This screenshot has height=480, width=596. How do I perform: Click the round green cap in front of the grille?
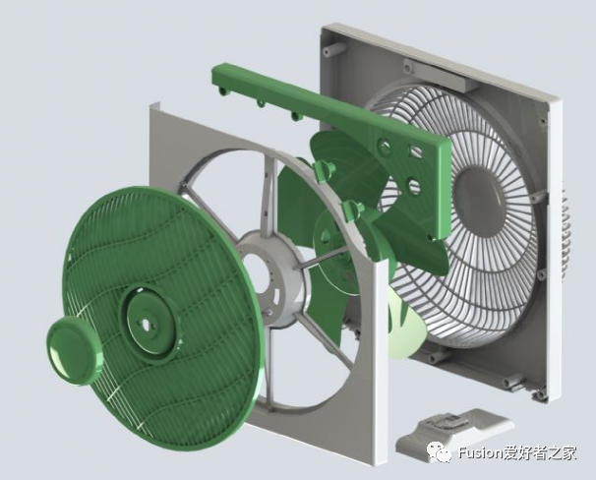[x=75, y=350]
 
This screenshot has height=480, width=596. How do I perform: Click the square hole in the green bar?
[x=415, y=151]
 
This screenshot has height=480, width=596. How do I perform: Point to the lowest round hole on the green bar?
[x=414, y=186]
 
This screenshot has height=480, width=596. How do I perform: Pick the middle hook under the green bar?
[x=261, y=103]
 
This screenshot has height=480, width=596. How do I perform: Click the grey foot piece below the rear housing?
[x=454, y=435]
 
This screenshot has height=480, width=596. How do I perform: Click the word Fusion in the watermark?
[x=481, y=452]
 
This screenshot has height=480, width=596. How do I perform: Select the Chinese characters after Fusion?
[x=540, y=452]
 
